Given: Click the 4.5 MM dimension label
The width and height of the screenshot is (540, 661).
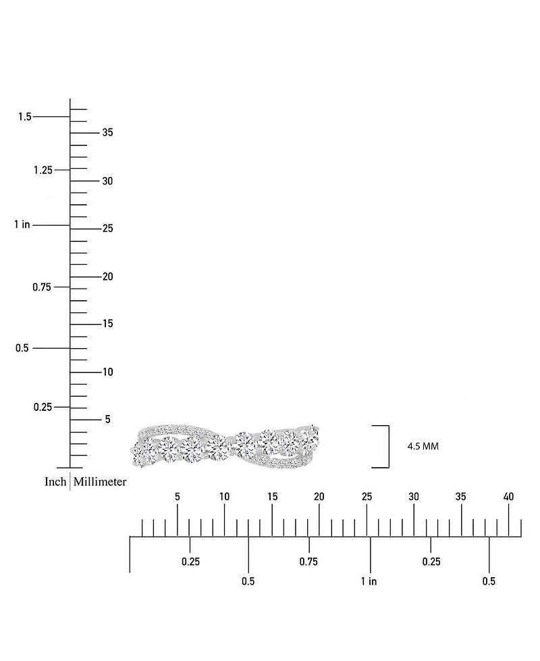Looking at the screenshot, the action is coord(423,446).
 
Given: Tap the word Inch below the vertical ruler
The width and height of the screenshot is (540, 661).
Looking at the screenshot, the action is coord(55,481).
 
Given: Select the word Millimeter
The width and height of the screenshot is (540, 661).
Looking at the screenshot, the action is coord(100,481).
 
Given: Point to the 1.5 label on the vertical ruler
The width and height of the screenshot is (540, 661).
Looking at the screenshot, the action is coord(25,116).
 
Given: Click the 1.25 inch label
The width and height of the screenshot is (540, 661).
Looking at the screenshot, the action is coord(43,170).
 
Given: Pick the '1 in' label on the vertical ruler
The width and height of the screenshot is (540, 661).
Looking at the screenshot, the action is coord(22,224).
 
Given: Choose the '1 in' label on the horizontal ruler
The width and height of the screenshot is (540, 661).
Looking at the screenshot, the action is coord(369,581).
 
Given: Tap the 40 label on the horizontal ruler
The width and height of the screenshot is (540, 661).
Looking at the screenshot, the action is coord(508,497).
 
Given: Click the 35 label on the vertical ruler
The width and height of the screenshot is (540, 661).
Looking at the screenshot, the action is coord(108,132).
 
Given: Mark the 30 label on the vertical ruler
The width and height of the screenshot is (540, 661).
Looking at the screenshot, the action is coord(108,181).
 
